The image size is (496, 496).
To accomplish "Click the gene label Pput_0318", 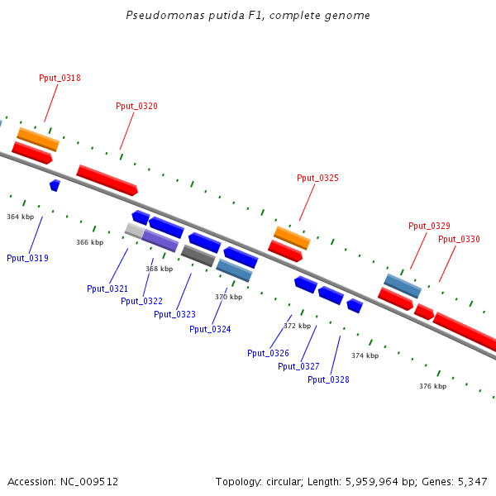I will pos(60,78).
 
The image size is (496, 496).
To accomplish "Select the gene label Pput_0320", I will pos(136,106).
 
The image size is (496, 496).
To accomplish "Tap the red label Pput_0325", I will pos(317,178).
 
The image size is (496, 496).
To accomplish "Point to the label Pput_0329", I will pos(429,226).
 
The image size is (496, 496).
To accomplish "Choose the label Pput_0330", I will pos(459,239).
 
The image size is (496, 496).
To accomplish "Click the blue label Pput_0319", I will pos(27,258).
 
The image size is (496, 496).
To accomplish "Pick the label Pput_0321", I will pos(107,289).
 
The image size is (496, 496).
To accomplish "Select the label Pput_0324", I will pos(210,329).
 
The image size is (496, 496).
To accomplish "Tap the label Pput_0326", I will pos(268,353).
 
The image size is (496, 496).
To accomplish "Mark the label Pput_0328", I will pos(328,379).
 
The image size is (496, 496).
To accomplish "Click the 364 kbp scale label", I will pos(20,217).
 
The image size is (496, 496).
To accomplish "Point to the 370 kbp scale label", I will pos(228,297).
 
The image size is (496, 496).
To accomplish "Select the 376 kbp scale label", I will pos(432,386).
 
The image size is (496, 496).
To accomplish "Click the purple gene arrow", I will pos(160,240).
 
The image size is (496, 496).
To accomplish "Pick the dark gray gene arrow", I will pos(198,255).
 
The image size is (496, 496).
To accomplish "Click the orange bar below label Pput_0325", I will pos(292,237).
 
